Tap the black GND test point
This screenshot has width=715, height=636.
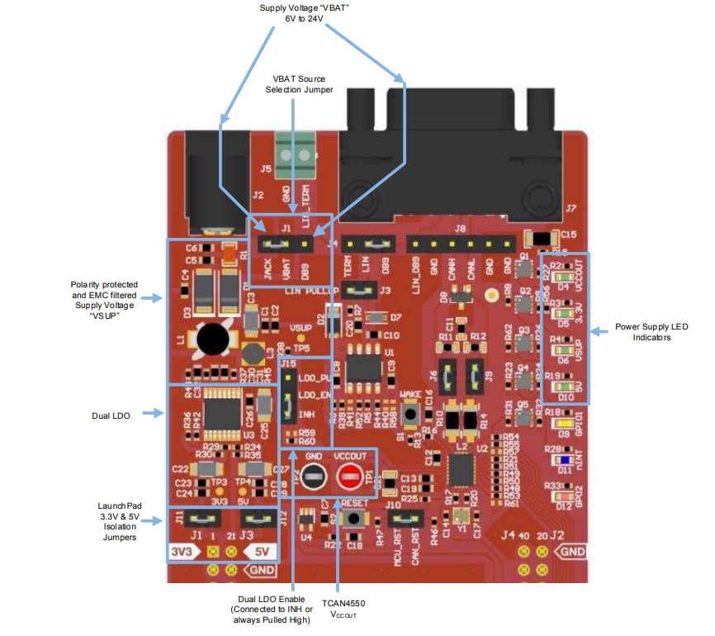pos(313,477)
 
